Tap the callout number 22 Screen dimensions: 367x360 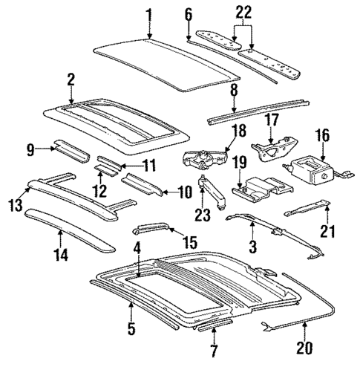pos(243,13)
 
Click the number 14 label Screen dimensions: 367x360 pos(60,256)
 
